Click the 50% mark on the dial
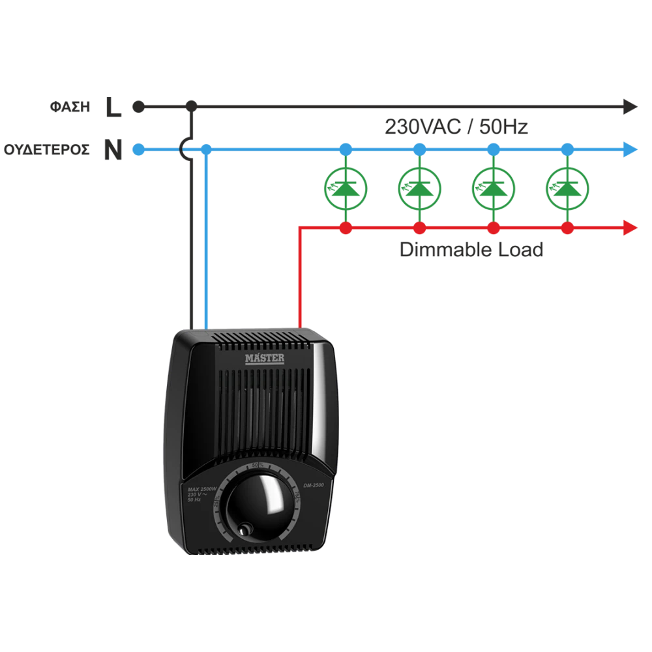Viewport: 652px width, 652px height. (257, 464)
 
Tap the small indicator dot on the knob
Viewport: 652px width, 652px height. (244, 529)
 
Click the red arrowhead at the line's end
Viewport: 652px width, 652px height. (629, 228)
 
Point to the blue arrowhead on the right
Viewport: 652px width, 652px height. (630, 150)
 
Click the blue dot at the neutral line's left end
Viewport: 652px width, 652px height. (138, 150)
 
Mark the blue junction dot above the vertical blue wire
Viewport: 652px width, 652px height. (205, 150)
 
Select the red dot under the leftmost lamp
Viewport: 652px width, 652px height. (346, 228)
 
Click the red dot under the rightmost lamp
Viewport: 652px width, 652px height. (567, 228)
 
